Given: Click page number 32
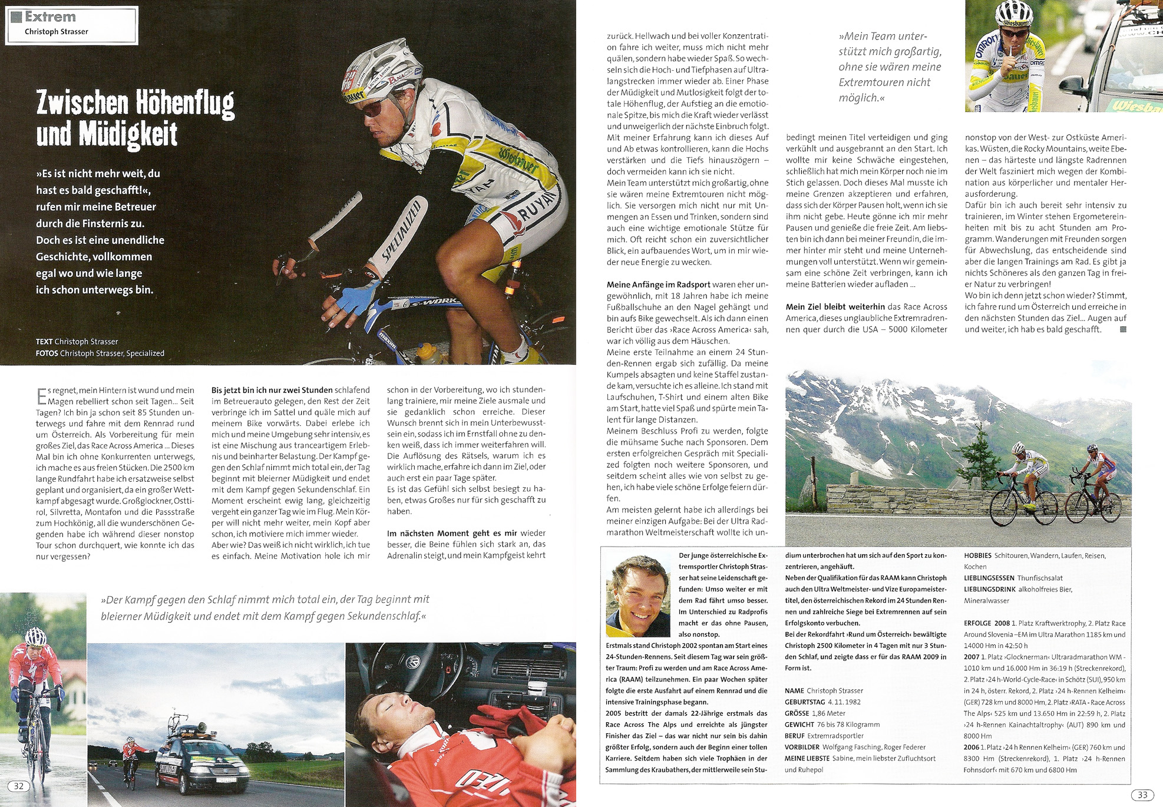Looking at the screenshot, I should pos(19,786).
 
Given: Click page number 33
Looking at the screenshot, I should pos(1142,795).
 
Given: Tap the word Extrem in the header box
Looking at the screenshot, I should pos(50,17).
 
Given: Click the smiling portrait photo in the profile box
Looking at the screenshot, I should pos(639,596).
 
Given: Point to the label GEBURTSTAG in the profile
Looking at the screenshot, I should pos(804,702).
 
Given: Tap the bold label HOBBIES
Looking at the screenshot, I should pos(977,555).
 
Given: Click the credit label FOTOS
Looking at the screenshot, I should pos(47,353).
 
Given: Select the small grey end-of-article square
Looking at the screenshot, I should pos(1122,329).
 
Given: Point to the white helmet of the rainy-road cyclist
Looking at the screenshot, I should pos(35,636).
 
